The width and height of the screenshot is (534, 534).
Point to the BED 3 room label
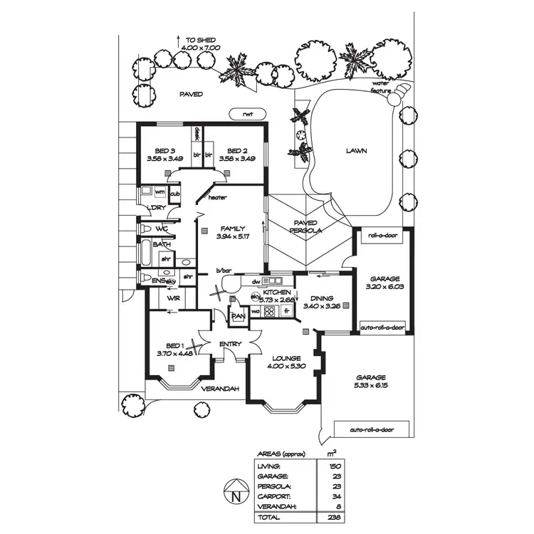165,151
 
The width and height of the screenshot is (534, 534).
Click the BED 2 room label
237,151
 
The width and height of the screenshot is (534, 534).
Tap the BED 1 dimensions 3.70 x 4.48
174,353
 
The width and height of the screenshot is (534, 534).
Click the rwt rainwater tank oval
247,114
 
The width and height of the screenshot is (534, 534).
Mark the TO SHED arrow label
201,41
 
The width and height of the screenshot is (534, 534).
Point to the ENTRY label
231,345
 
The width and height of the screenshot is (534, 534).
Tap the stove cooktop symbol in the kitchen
270,311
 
